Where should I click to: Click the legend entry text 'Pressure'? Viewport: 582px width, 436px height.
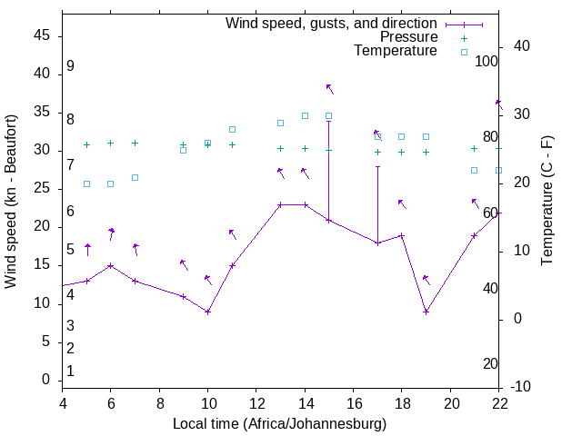point(409,37)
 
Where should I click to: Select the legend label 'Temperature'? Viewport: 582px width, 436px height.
point(396,51)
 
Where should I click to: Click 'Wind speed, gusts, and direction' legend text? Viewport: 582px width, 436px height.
point(332,23)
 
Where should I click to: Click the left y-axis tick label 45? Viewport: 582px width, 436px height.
point(42,35)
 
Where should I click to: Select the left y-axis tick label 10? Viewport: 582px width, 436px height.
point(42,303)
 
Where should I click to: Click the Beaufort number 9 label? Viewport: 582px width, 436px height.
point(70,66)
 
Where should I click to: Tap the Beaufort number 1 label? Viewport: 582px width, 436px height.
point(70,371)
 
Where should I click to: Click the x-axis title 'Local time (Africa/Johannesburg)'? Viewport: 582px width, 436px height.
point(279,424)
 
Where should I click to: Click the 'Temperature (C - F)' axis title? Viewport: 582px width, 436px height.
point(547,202)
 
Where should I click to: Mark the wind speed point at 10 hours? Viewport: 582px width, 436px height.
point(208,312)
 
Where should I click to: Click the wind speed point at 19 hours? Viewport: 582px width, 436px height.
point(426,312)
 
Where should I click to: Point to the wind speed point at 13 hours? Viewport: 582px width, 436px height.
point(280,204)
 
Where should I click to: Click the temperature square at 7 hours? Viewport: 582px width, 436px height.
point(135,177)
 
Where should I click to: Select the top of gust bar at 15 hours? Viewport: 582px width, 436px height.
point(328,121)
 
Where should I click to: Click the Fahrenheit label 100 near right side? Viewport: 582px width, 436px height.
point(487,61)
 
